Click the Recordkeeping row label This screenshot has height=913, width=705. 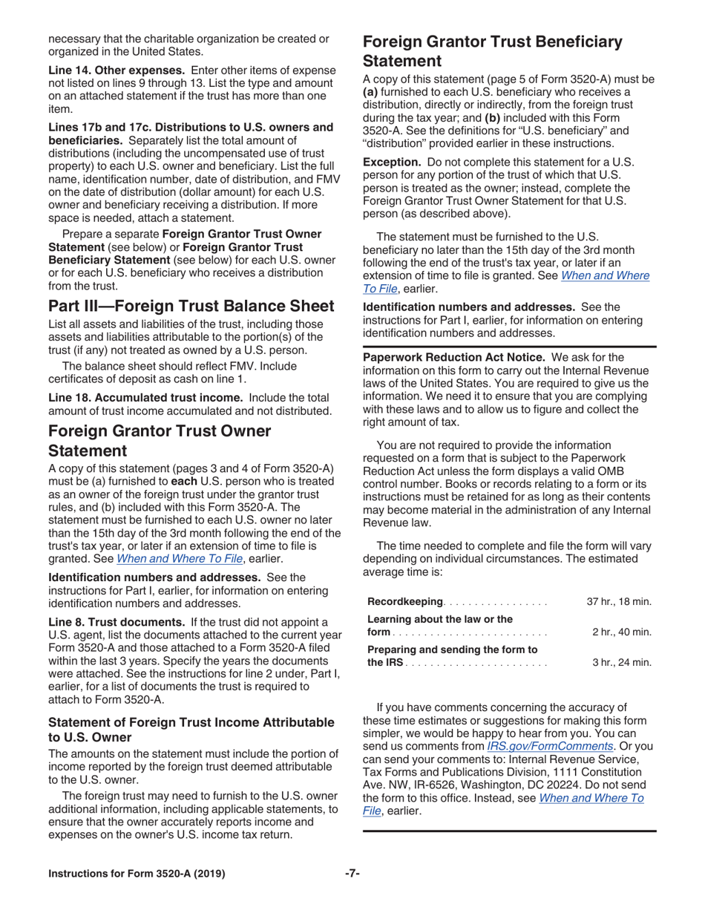point(405,601)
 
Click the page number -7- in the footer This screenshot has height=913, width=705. point(352,873)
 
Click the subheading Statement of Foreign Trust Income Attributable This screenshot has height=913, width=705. point(191,721)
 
